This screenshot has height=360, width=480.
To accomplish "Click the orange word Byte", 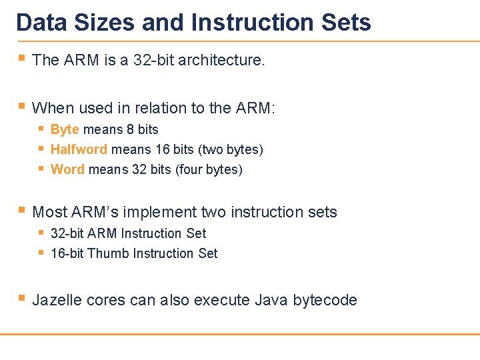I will tap(65, 129).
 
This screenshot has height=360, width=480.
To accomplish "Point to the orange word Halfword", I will tap(79, 149).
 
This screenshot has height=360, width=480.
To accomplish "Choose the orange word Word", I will tap(67, 169).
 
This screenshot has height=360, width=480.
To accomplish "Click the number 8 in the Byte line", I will tap(131, 129).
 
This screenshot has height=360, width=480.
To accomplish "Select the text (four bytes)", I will tap(209, 169).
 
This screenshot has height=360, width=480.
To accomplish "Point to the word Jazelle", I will tap(57, 300).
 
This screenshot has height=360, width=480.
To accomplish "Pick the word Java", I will tap(271, 300).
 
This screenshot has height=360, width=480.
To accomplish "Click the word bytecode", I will tap(325, 300).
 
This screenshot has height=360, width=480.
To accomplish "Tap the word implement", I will tap(163, 212).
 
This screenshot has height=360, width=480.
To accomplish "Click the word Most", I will tap(48, 212).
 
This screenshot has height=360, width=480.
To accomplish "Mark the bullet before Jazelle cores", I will tap(22, 299).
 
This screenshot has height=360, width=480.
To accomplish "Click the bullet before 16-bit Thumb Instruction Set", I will tap(41, 253).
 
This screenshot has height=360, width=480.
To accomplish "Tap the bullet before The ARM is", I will tap(22, 59).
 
